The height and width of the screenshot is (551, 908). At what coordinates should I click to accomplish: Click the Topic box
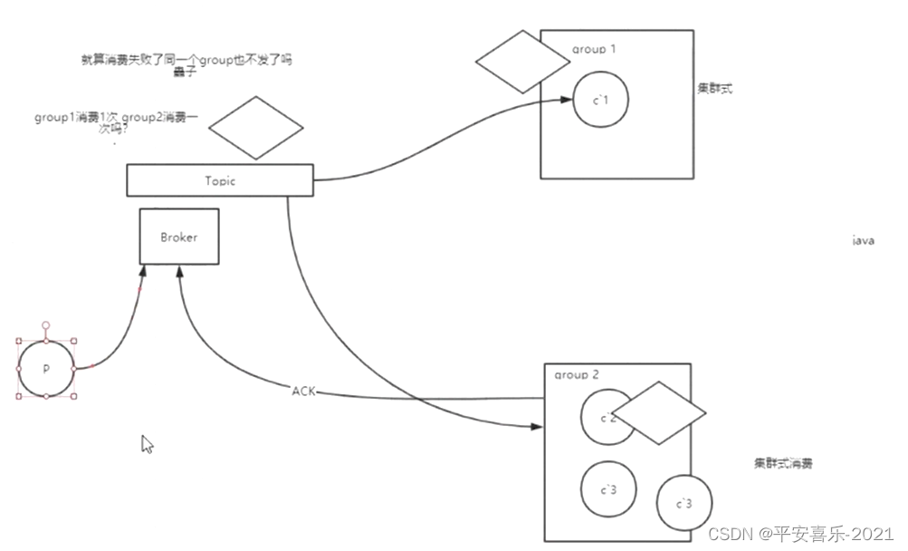[x=219, y=180]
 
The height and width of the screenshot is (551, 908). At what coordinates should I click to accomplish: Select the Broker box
[x=178, y=237]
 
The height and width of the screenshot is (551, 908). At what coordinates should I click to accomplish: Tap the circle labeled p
[x=46, y=369]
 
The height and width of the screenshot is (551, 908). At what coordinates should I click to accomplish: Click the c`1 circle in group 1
[x=600, y=100]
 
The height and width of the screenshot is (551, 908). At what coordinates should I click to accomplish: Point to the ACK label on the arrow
[x=303, y=391]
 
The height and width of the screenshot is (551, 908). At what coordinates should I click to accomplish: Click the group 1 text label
[x=594, y=49]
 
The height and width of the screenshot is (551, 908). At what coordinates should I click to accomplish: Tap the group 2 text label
[x=577, y=374]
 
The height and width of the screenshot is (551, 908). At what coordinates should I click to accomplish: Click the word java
[x=863, y=241]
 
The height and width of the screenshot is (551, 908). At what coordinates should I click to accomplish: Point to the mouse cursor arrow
[x=148, y=444]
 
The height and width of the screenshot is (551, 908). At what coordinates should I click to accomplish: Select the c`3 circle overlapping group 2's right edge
[x=684, y=503]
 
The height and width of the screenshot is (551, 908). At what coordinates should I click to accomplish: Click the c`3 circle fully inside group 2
[x=608, y=489]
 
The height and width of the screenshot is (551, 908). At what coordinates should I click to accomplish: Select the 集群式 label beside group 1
[x=715, y=89]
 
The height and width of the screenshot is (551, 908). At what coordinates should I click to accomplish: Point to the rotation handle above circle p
[x=46, y=324]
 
